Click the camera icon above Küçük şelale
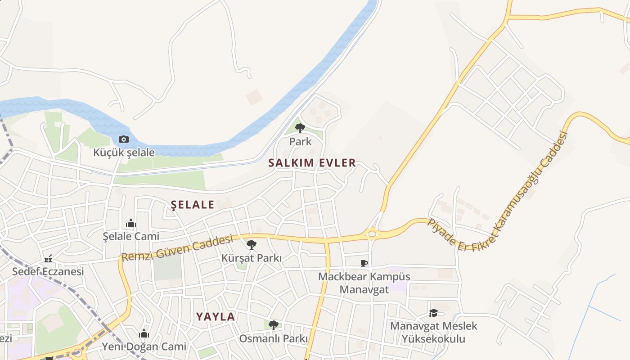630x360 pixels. [124, 139]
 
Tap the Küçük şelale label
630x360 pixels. [124, 153]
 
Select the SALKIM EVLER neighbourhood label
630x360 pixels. [312, 163]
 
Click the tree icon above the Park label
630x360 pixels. [300, 128]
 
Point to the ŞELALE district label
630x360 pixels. [193, 205]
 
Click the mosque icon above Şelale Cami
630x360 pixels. [131, 223]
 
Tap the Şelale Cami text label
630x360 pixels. [131, 236]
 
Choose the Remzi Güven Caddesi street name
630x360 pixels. [177, 248]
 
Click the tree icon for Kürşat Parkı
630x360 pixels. [252, 245]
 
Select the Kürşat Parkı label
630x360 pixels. [252, 258]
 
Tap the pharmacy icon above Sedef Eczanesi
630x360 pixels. [48, 259]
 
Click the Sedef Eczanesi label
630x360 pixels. [48, 271]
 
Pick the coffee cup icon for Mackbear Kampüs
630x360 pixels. [364, 263]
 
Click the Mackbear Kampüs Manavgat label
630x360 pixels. [364, 282]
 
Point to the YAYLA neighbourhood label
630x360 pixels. [216, 316]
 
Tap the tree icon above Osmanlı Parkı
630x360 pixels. [273, 325]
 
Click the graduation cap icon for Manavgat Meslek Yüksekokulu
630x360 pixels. [433, 313]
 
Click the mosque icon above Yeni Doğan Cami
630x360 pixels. [144, 333]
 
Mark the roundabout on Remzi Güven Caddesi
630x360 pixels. [372, 233]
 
